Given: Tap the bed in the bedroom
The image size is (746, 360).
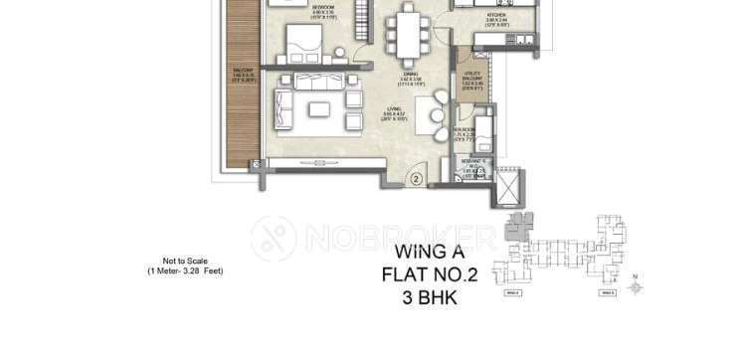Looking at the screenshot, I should pyautogui.click(x=316, y=45).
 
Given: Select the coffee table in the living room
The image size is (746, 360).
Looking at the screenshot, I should pyautogui.click(x=320, y=107).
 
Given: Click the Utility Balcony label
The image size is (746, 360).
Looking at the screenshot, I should pyautogui.click(x=472, y=78).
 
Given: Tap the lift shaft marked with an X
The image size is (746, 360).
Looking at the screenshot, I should pyautogui.click(x=508, y=186).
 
